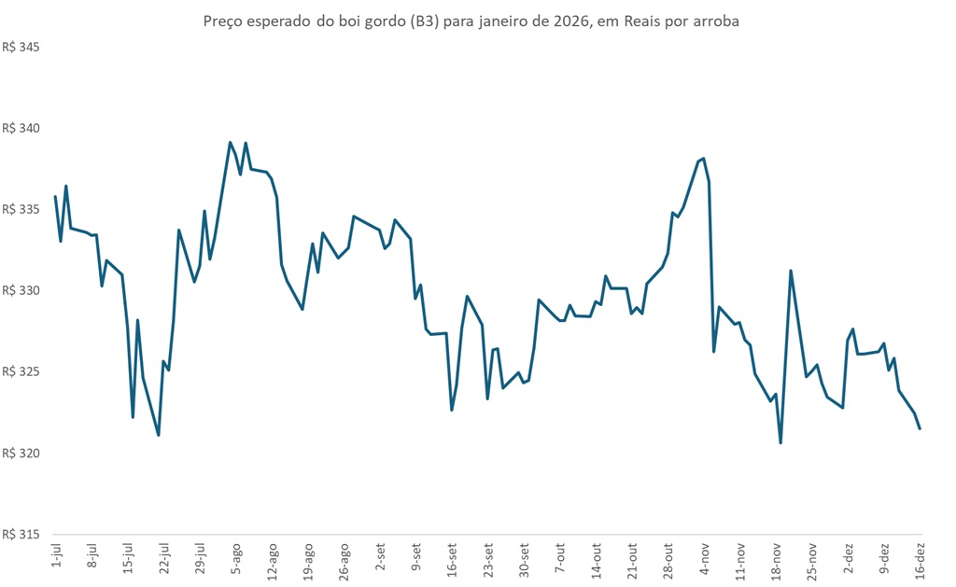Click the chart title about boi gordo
coord(471,21)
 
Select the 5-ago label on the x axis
coord(236,557)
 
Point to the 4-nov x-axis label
coord(704,557)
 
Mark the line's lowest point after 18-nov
coord(780,442)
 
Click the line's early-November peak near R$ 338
coord(703,159)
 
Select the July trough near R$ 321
coord(159,435)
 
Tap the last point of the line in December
coord(920,428)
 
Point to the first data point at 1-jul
coord(55,197)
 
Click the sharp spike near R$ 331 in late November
coord(791,271)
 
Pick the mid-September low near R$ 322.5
coord(452,410)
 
